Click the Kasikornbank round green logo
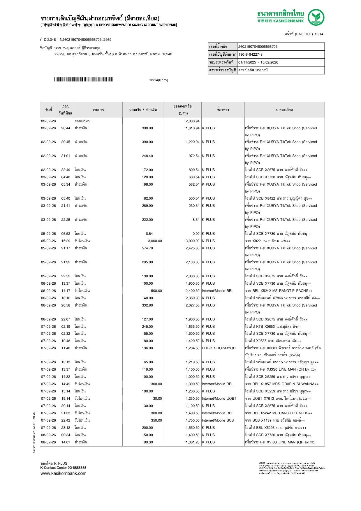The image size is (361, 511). [316, 17]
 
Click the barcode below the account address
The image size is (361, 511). [83, 80]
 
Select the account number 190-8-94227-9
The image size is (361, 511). [250, 54]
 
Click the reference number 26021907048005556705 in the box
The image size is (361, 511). [258, 47]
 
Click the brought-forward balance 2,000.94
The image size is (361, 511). [192, 121]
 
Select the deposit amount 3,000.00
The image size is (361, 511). [155, 241]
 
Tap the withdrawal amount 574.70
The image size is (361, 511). [147, 248]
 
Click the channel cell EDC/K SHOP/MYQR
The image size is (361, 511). [219, 348]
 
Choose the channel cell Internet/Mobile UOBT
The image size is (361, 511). [219, 399]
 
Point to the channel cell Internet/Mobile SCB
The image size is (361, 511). [218, 420]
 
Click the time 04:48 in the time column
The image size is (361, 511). [66, 177]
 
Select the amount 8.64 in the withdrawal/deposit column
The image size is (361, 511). [149, 234]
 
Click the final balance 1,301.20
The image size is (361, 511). [192, 442]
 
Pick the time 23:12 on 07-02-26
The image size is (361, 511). [66, 428]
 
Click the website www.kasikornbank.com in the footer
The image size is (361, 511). [64, 473]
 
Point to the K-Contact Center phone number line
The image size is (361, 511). [63, 468]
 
